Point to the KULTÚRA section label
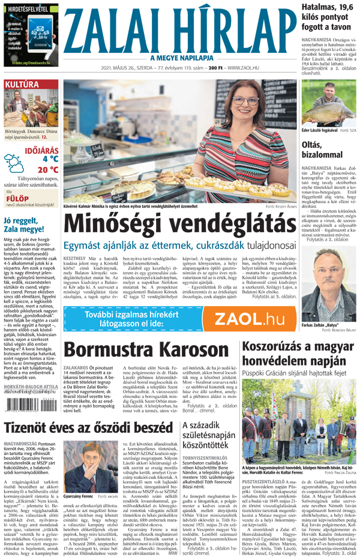pos(22,85)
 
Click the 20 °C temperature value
pos(47,169)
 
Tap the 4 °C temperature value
pos(50,159)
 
